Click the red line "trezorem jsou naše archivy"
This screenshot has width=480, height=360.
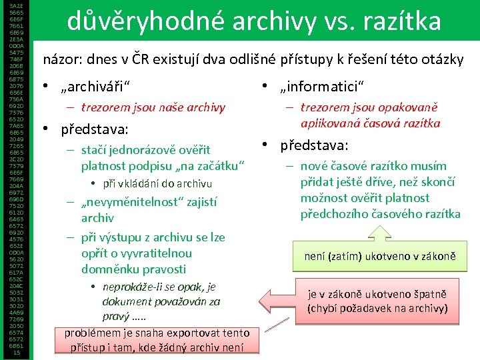153,107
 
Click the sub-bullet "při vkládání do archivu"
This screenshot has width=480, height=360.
157,183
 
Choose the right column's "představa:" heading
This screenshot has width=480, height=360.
314,145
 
